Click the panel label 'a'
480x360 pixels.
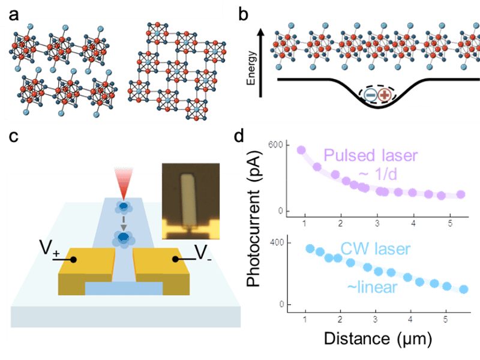pyautogui.click(x=14, y=16)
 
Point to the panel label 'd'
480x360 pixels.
pyautogui.click(x=239, y=136)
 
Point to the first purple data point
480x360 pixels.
pyautogui.click(x=301, y=150)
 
